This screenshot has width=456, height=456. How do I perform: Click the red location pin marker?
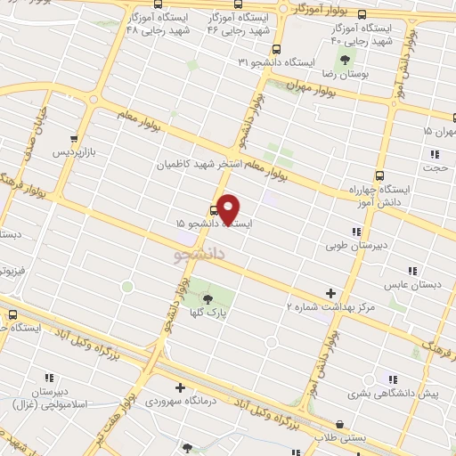pos(229,208)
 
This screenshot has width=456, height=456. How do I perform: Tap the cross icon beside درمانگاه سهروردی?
pos(181,387)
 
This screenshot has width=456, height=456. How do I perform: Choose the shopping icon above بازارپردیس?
pos(73,139)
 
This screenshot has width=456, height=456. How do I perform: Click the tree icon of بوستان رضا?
pos(344,61)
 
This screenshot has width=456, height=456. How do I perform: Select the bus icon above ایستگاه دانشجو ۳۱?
pos(277,50)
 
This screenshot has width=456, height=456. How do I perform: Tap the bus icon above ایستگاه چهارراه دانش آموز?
pos(381,175)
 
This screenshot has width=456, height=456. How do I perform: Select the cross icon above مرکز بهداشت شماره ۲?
pos(330,292)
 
